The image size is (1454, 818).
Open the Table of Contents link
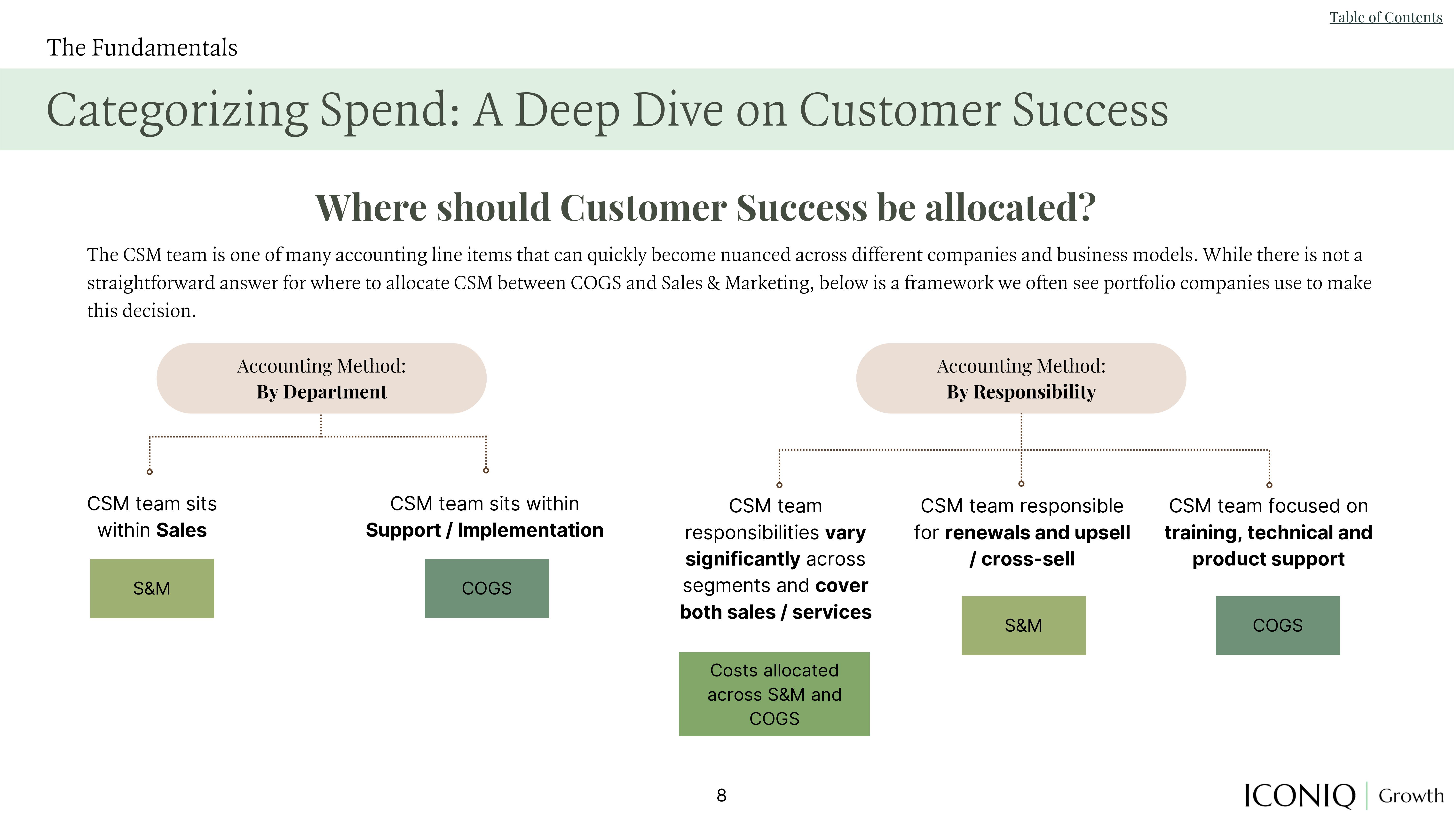(1386, 17)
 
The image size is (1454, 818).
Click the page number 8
(721, 795)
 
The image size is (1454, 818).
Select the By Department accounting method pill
(321, 378)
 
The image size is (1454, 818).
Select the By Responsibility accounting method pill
(1021, 378)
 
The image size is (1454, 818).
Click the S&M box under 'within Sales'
(152, 588)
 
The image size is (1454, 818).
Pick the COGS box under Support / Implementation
(487, 588)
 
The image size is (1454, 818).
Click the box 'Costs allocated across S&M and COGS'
(774, 694)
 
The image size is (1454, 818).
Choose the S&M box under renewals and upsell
(1023, 626)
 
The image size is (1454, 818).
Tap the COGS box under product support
(1277, 626)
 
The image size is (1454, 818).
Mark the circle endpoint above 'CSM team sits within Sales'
(150, 471)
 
